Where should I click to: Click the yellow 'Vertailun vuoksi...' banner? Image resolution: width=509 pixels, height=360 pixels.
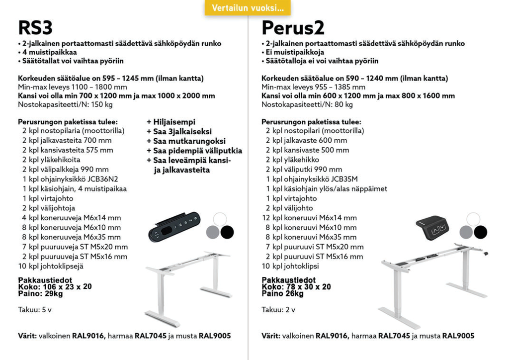pyautogui.click(x=248, y=8)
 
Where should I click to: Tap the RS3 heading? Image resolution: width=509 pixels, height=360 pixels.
pyautogui.click(x=35, y=28)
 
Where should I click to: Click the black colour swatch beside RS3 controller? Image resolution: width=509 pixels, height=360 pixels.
pyautogui.click(x=227, y=231)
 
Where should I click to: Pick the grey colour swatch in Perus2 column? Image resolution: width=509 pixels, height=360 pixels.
pyautogui.click(x=466, y=232)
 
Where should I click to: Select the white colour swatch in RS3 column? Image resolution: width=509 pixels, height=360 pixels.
pyautogui.click(x=220, y=219)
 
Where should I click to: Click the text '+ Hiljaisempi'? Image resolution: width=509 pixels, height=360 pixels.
pyautogui.click(x=170, y=122)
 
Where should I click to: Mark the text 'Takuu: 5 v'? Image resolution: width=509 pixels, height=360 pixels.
pyautogui.click(x=35, y=310)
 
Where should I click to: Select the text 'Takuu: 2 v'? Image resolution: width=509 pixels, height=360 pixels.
pyautogui.click(x=278, y=310)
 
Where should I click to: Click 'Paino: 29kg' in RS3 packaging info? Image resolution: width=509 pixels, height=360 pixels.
pyautogui.click(x=40, y=294)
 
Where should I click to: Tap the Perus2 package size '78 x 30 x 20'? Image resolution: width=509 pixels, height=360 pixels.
pyautogui.click(x=308, y=287)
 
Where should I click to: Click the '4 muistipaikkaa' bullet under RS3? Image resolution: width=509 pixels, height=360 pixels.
pyautogui.click(x=49, y=52)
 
